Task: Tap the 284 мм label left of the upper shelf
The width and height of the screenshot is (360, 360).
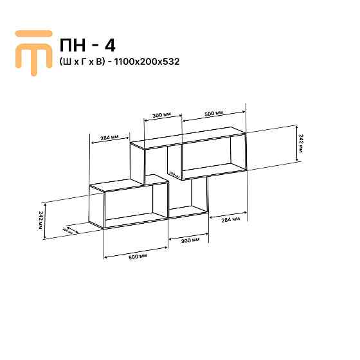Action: [x=109, y=138]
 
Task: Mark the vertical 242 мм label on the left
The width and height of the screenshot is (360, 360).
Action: [x=42, y=221]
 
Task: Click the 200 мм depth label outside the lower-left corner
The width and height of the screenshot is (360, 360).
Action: [x=66, y=230]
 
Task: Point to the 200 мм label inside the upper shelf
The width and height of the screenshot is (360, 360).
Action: [x=173, y=173]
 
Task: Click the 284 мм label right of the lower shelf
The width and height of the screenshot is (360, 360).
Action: [x=230, y=219]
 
